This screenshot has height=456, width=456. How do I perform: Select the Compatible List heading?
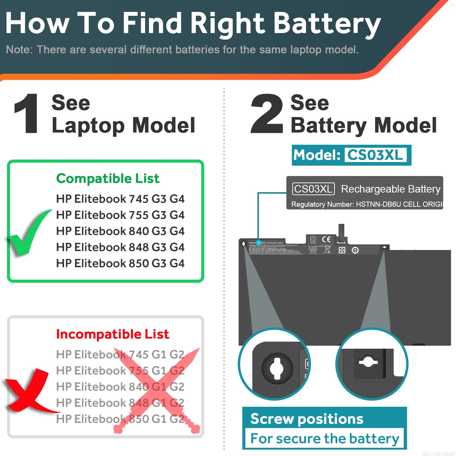point(108,178)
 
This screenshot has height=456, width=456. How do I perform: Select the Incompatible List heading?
point(112,334)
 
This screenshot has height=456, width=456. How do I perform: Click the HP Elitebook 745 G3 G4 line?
point(120,199)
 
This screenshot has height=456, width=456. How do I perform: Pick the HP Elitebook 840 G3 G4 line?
point(120,231)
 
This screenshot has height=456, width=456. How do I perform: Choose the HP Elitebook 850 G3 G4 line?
point(120,263)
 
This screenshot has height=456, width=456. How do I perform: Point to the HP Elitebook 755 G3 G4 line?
point(120,215)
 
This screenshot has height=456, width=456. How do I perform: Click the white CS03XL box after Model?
point(375,155)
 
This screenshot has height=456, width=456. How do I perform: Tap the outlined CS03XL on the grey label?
point(313,189)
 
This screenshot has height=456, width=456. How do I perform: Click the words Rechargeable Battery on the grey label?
point(391,189)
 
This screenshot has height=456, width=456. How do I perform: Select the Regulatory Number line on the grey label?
point(366,204)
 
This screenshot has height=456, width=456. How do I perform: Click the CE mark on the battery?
point(326,239)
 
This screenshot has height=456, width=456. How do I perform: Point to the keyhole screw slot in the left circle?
point(277,368)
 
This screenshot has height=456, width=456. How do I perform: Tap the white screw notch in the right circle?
point(368,362)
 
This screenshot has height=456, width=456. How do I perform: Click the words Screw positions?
point(307,419)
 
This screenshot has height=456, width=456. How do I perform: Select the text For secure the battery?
point(324,439)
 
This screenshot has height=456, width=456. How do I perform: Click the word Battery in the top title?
point(327,24)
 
